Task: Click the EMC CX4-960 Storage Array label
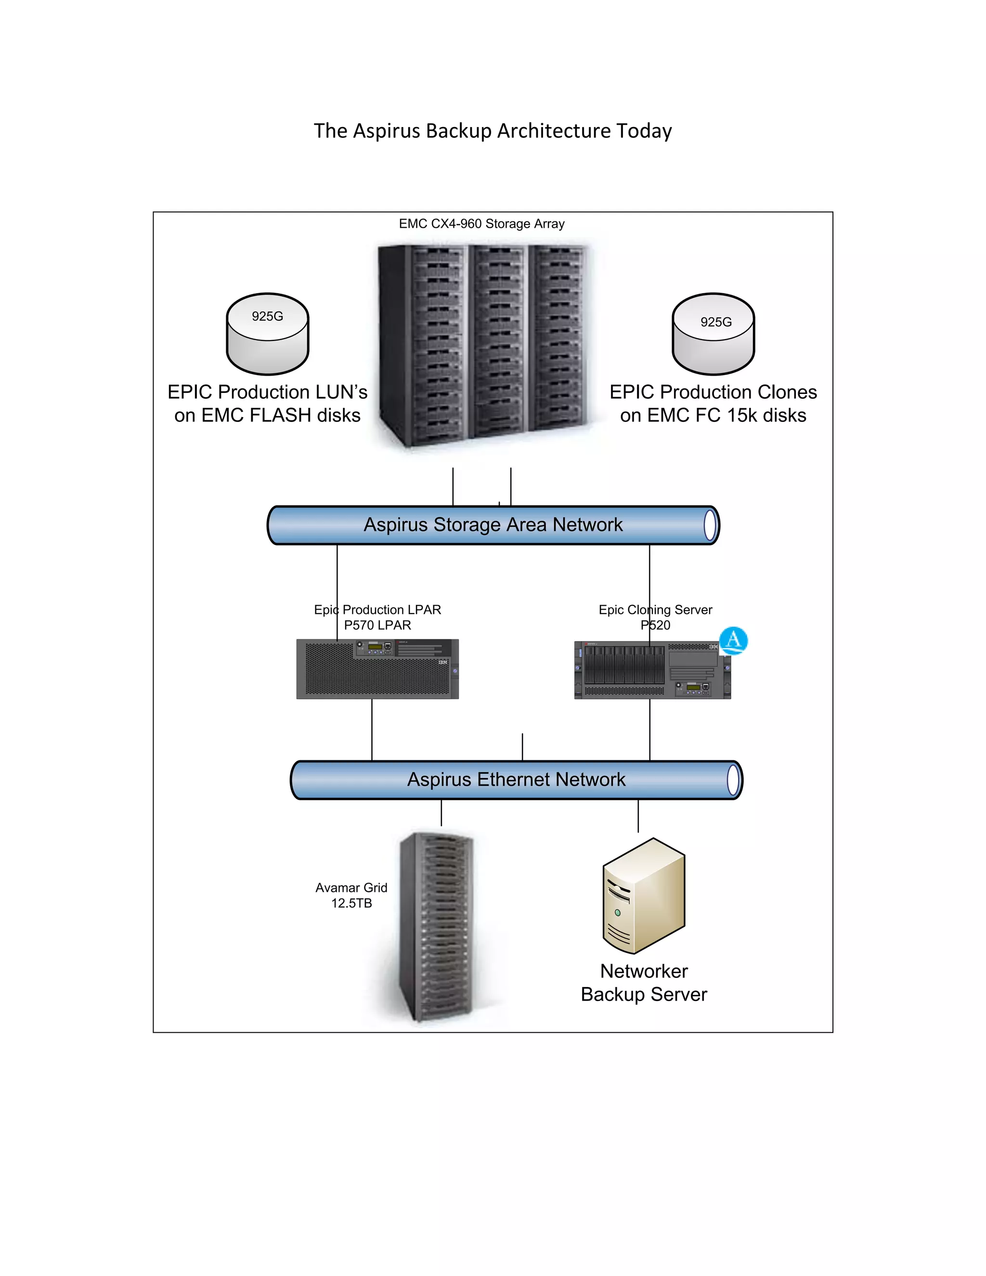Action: pos(481,224)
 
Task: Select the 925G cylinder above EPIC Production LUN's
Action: pos(268,334)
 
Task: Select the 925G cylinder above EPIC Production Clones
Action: pos(713,334)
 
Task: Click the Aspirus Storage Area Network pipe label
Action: pos(493,525)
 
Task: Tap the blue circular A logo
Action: pos(733,640)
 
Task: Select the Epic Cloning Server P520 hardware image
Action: pos(652,670)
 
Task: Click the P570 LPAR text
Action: pos(377,625)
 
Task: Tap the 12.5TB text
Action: pos(351,903)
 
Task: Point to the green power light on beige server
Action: pos(617,912)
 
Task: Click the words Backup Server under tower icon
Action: pos(644,994)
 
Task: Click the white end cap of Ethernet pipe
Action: pos(734,780)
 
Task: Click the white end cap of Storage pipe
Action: pos(710,525)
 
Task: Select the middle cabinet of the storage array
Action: pos(498,342)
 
